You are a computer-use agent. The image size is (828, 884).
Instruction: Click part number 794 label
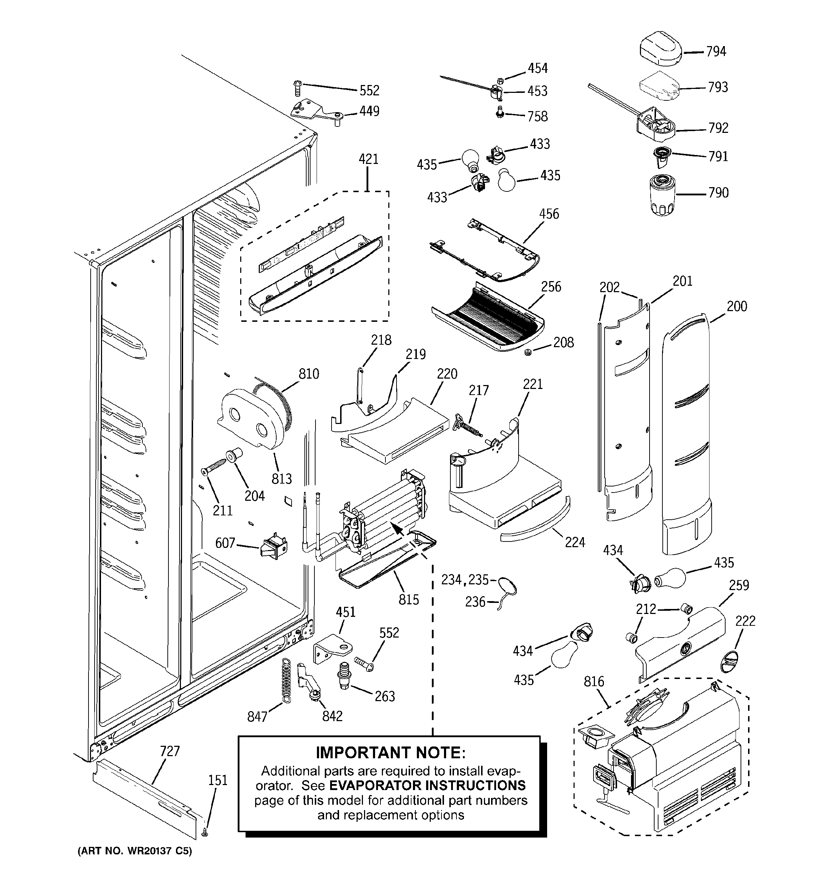[x=716, y=51]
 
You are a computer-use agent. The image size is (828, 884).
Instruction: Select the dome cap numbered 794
[x=661, y=49]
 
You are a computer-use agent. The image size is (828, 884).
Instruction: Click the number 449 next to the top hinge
[x=369, y=111]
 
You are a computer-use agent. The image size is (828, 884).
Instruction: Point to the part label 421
[x=368, y=159]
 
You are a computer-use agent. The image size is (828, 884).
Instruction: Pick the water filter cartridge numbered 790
[x=662, y=196]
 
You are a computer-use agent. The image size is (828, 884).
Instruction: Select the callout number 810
[x=308, y=374]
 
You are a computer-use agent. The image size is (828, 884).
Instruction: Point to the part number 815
[x=408, y=599]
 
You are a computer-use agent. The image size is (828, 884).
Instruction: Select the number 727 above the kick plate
[x=170, y=751]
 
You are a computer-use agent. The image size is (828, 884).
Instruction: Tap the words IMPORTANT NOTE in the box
[x=391, y=752]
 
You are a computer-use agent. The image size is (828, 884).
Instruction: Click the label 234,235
[x=464, y=579]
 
